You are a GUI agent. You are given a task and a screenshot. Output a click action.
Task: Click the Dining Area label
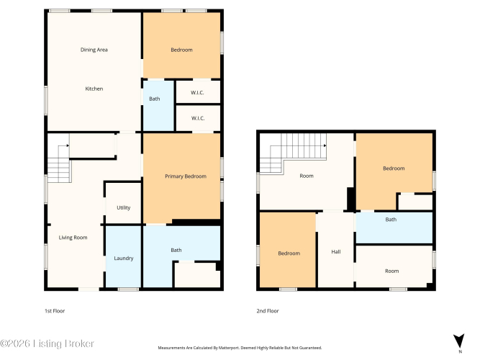pos(94,50)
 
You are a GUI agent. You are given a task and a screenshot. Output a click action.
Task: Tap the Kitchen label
pos(94,89)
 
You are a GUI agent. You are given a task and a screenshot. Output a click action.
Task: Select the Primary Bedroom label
pos(186,176)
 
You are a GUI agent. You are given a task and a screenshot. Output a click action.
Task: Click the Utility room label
pos(123,208)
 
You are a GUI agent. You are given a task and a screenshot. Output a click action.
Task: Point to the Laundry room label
pos(124,258)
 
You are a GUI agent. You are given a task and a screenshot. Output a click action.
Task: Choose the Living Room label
pos(73,238)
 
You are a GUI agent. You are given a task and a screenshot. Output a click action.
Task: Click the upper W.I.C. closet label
pos(197,93)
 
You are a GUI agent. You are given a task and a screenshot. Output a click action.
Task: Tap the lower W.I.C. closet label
pos(198,118)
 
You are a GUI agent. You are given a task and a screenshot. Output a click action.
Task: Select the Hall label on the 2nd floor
pos(336,252)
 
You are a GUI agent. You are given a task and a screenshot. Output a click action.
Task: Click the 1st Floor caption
pos(55,311)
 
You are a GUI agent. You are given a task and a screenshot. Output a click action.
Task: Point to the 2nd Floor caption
pos(268,311)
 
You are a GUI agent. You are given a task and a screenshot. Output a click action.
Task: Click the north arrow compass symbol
pos(459,341)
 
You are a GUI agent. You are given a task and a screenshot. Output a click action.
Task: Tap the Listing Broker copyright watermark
pos(47,343)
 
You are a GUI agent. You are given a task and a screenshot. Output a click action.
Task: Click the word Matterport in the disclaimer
pos(229,348)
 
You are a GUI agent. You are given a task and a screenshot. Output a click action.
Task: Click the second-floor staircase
pos(293,153)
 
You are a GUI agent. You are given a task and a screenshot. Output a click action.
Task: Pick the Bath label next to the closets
pos(154,99)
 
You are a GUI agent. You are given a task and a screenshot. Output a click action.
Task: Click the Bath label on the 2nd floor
pos(391,220)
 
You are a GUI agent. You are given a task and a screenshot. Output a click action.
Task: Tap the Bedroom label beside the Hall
pos(289,253)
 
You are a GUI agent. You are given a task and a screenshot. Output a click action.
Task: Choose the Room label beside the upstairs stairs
pos(307,176)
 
